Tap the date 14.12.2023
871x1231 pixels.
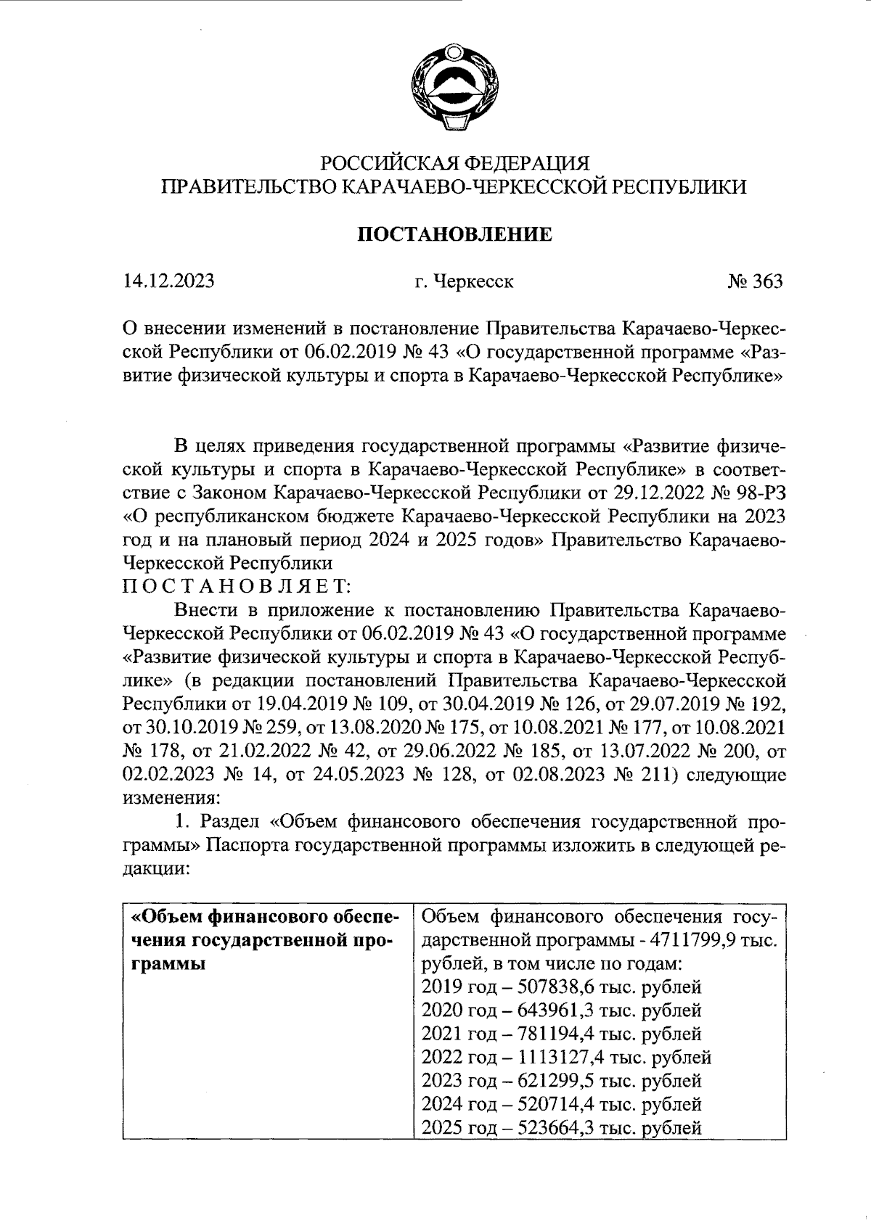pyautogui.click(x=169, y=281)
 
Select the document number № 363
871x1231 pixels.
pyautogui.click(x=756, y=281)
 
